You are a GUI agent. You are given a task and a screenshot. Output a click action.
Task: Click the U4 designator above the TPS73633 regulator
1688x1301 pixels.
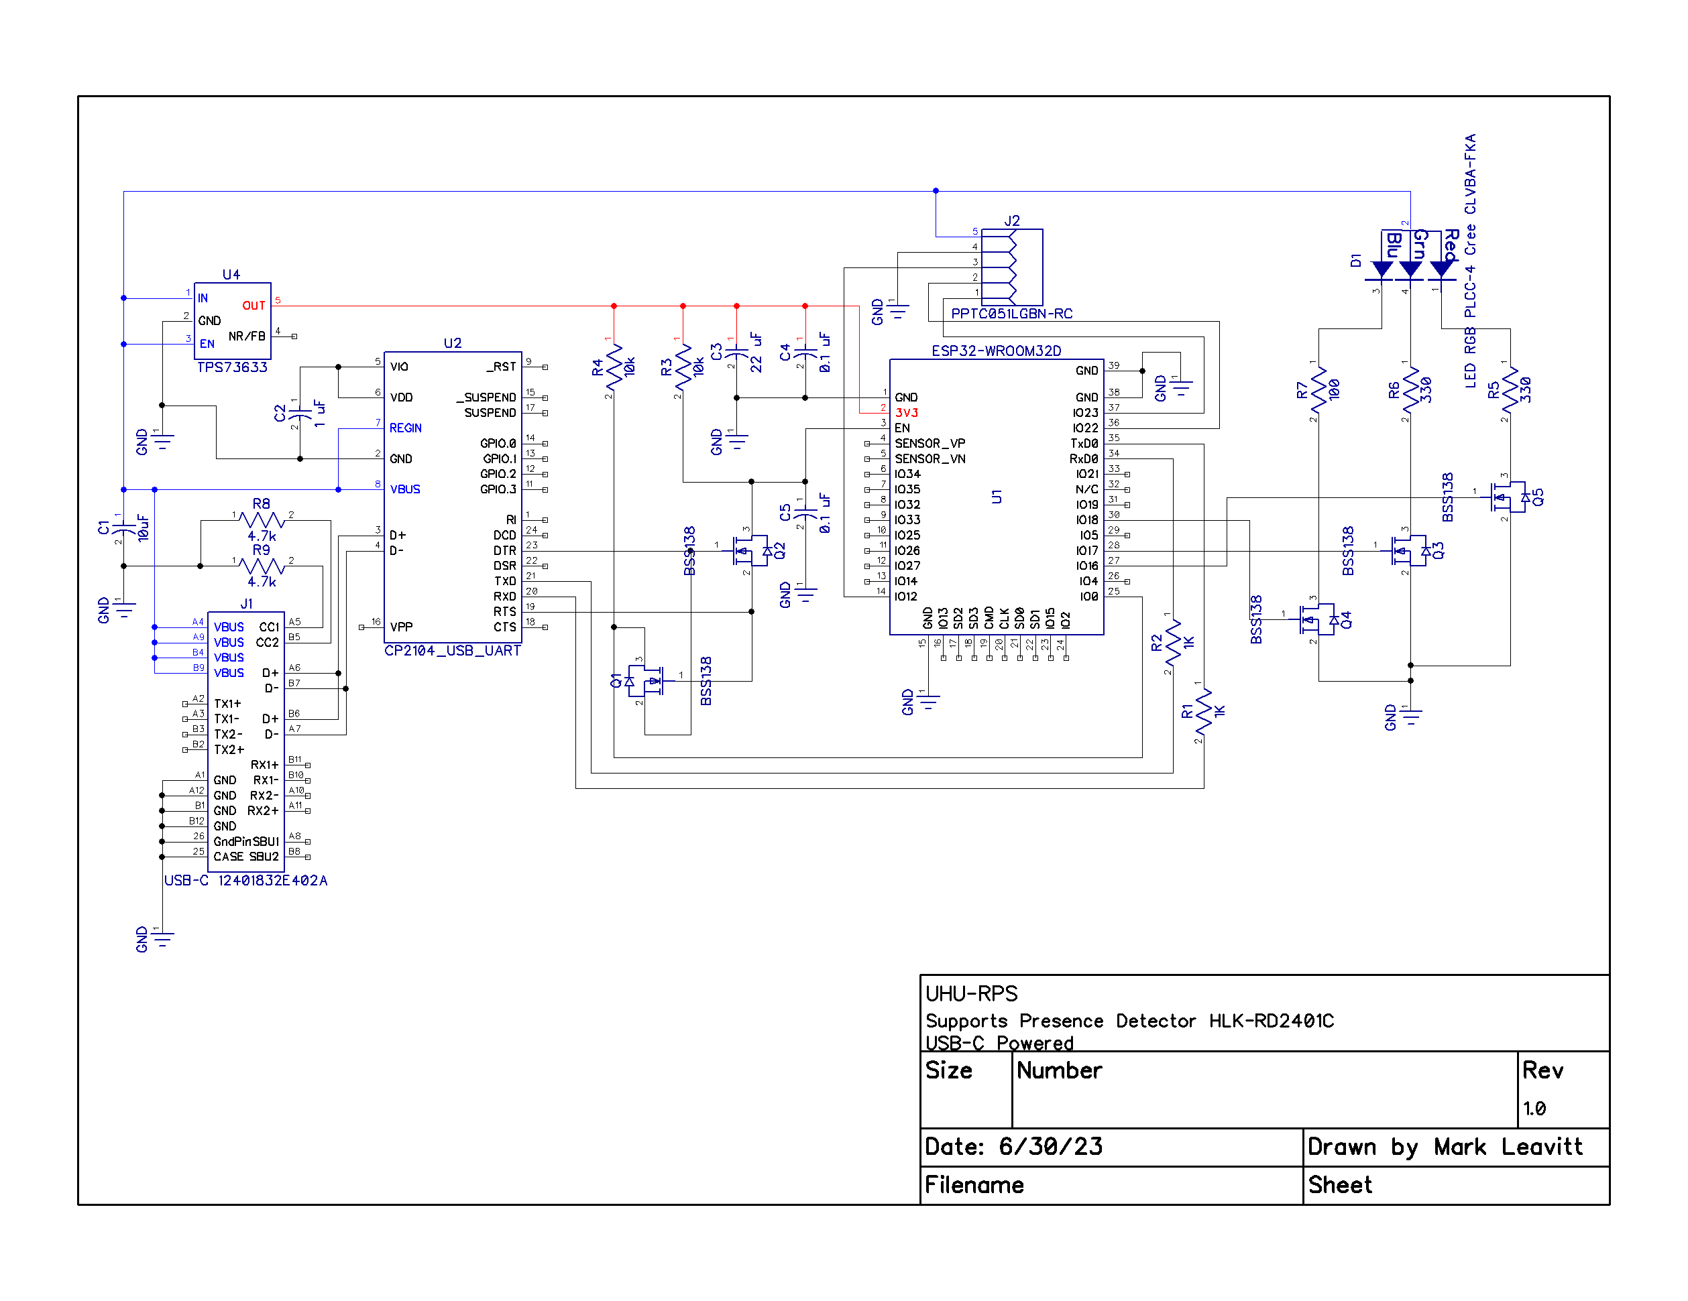231,274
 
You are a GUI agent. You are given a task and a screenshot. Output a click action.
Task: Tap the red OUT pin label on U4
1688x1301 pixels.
254,306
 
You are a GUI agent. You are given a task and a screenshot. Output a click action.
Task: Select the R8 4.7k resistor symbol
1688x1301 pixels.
262,520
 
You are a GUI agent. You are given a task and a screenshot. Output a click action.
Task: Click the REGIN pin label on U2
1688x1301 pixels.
405,428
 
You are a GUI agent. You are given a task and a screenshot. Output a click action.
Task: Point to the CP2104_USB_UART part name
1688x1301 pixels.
452,650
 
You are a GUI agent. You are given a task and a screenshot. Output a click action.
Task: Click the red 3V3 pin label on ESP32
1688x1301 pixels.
907,412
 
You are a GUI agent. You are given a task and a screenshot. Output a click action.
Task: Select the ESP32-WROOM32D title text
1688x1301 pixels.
997,351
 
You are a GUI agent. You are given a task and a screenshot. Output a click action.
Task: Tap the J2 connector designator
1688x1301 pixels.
1012,221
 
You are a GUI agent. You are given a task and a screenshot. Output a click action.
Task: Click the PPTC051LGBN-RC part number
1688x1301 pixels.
1012,314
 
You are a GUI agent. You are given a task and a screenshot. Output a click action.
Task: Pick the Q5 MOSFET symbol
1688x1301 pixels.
1508,497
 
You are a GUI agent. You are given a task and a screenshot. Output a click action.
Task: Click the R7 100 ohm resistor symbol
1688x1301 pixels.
1318,390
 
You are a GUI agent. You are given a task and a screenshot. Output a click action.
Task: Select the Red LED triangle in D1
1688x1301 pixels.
1441,269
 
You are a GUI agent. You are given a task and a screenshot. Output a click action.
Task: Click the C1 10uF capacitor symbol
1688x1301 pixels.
123,530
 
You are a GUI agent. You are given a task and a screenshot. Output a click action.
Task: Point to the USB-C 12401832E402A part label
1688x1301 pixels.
245,881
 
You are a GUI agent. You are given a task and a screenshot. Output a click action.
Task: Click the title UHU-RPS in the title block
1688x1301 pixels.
972,993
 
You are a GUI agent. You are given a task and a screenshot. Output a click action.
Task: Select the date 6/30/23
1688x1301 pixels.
1050,1146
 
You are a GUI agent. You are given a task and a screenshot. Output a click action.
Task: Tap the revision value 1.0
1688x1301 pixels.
1534,1109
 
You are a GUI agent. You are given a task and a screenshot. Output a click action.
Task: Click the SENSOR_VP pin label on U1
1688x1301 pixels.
930,444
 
